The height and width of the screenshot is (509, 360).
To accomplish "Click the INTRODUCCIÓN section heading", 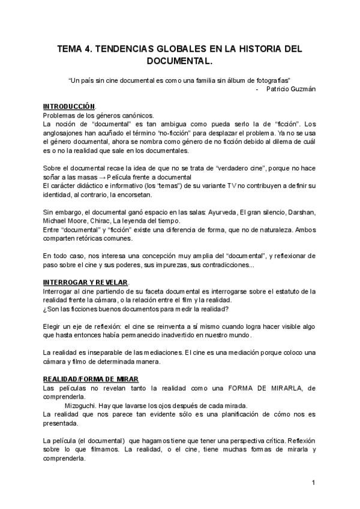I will (x=69, y=106).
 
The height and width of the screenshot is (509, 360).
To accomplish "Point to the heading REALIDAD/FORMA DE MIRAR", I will (x=91, y=379).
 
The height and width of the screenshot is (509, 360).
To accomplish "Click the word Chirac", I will (x=98, y=221).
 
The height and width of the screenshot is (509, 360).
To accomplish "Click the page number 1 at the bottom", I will (x=314, y=483).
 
